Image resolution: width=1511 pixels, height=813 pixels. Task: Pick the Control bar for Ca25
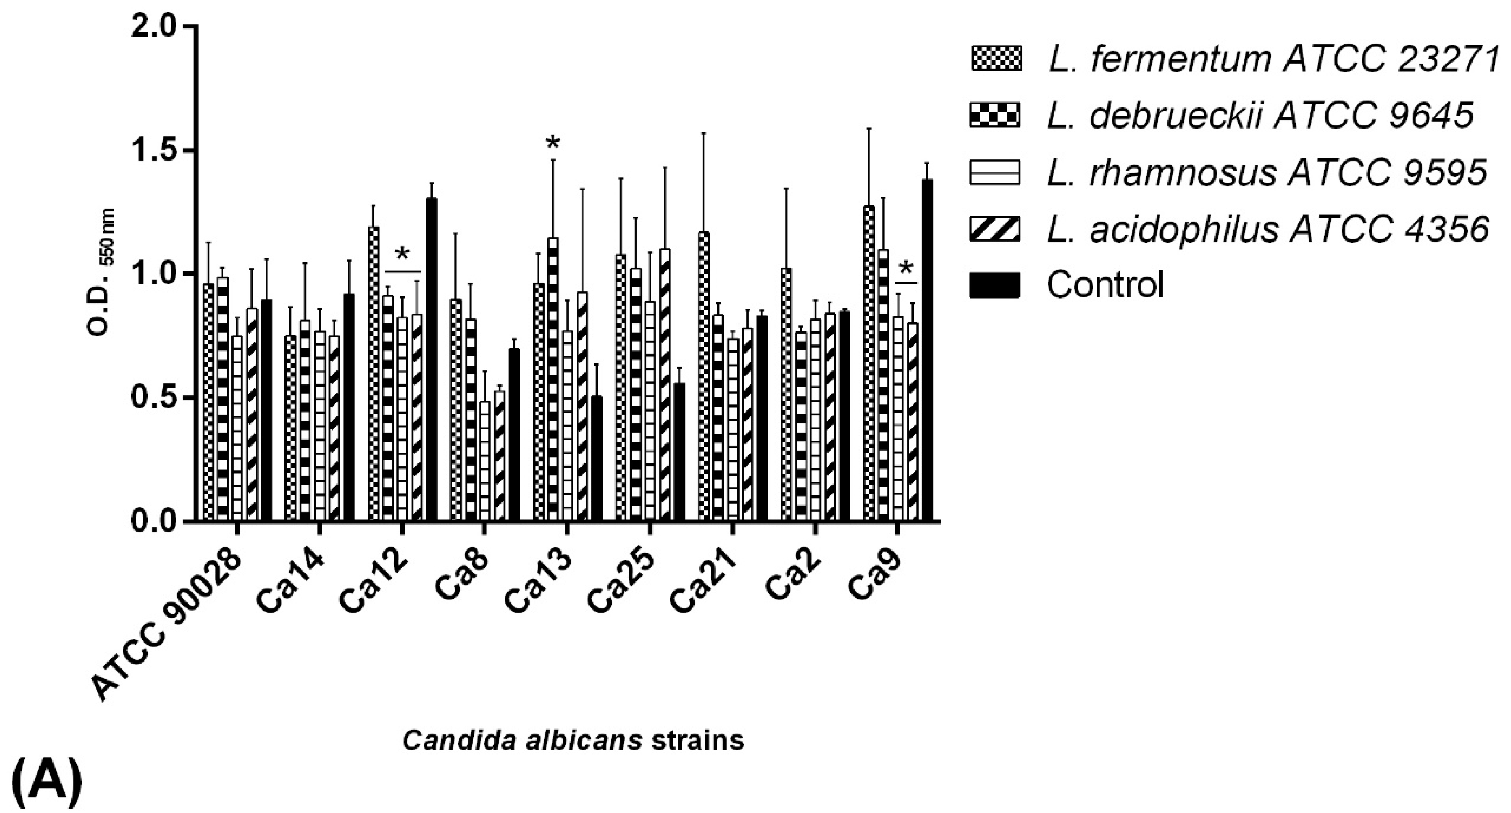(679, 451)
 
